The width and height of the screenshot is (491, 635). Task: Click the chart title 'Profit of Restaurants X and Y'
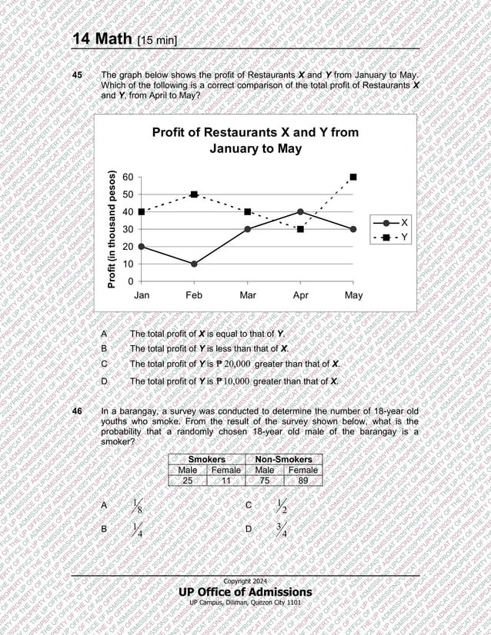coord(255,140)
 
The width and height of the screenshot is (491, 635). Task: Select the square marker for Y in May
coord(353,177)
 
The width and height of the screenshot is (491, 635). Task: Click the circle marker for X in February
coord(194,264)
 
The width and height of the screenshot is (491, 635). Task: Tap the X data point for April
coord(300,211)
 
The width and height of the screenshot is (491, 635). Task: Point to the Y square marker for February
coord(194,194)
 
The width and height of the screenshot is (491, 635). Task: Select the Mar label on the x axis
coord(247,295)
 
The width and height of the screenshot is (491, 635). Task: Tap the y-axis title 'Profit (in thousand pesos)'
coord(112,229)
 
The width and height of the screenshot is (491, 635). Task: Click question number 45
coord(77,75)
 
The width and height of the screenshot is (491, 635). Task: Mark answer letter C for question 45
coord(104,364)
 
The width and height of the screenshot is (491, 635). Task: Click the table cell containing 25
coord(188,480)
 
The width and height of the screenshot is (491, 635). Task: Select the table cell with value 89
coord(302,480)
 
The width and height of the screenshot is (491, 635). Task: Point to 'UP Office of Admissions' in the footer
coord(245,591)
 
